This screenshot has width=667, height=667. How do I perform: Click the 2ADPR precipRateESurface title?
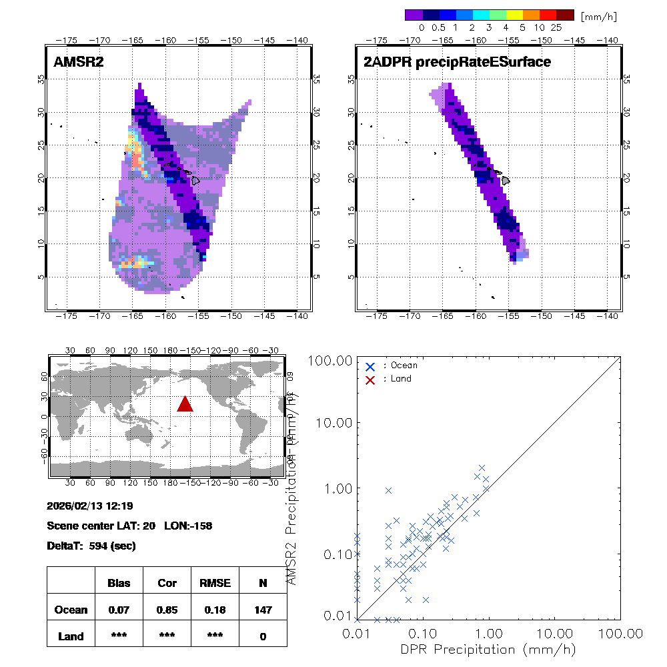[457, 62]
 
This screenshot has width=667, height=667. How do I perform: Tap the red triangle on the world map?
[185, 404]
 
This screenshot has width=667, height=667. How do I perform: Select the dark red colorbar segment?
[565, 15]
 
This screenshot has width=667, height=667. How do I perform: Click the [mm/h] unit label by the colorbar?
[598, 15]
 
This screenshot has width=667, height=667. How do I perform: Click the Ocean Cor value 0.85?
[167, 610]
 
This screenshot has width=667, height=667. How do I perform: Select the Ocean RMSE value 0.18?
[215, 610]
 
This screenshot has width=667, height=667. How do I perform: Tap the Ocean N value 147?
[263, 610]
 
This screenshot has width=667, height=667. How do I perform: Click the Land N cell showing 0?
[263, 636]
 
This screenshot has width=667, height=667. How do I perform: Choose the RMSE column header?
[215, 583]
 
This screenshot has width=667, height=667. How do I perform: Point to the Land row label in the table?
[71, 636]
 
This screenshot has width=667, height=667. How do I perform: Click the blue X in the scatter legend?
[370, 366]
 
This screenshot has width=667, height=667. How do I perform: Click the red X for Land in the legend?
[370, 379]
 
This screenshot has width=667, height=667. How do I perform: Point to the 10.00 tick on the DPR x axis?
[555, 632]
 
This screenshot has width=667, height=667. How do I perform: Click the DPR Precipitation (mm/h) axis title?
[488, 649]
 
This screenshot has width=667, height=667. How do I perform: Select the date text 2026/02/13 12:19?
[89, 505]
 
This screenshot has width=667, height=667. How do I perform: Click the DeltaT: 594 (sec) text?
[91, 546]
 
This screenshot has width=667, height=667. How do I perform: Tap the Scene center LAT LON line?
[129, 526]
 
